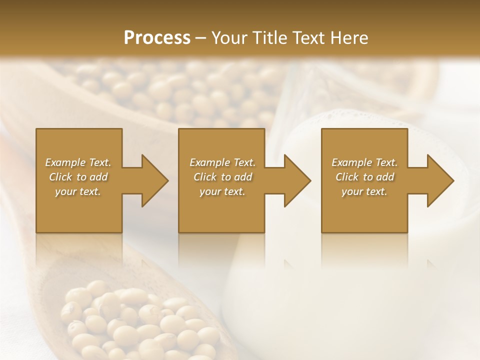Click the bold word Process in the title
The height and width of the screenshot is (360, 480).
point(157,38)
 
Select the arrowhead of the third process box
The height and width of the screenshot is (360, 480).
point(439,180)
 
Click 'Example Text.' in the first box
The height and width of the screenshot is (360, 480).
point(78,162)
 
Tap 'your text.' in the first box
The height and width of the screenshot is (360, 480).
point(78,191)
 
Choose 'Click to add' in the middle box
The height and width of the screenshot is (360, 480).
point(222,177)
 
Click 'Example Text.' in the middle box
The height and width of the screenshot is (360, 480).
point(222,162)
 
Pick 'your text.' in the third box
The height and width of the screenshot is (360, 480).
point(364,191)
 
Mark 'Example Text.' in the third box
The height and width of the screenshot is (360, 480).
point(364,162)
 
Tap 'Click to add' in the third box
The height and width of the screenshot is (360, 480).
point(364,177)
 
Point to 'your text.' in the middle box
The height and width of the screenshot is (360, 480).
point(222,191)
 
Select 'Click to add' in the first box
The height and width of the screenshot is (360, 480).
point(78,177)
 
